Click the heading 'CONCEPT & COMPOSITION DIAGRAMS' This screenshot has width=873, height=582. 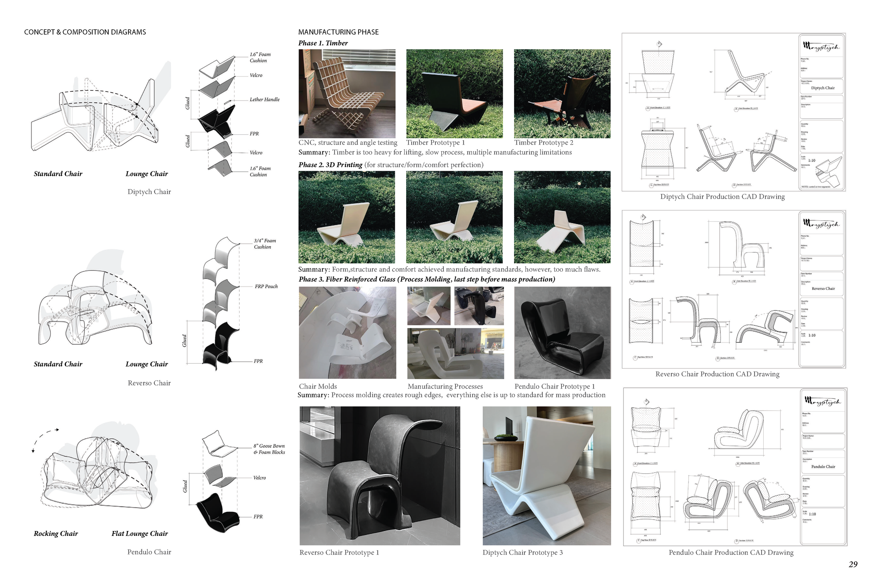(85, 32)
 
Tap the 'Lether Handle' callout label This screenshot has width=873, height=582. (264, 100)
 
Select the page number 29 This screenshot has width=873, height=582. (853, 564)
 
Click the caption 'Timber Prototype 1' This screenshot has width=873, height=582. (435, 142)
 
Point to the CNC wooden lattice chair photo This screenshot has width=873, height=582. (347, 94)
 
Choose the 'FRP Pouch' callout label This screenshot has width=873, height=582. (266, 287)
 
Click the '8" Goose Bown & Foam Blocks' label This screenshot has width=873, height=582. (269, 449)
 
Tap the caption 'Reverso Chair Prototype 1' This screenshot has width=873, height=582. (339, 552)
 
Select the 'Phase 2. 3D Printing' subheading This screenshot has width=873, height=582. (330, 165)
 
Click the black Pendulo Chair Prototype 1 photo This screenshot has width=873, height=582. (562, 333)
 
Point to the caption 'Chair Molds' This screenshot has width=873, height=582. (318, 386)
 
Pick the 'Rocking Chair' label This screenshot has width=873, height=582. (56, 533)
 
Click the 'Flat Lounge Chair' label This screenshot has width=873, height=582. (140, 533)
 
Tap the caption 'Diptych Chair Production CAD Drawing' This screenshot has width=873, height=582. (722, 197)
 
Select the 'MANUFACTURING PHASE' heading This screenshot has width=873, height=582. (338, 32)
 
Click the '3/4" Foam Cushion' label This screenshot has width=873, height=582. (265, 244)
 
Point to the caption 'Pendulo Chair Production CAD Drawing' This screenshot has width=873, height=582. (731, 552)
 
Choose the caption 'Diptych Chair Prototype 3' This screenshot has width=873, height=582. (522, 552)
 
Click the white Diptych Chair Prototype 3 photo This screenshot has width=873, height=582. (546, 476)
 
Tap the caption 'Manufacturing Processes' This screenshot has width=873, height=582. (445, 386)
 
